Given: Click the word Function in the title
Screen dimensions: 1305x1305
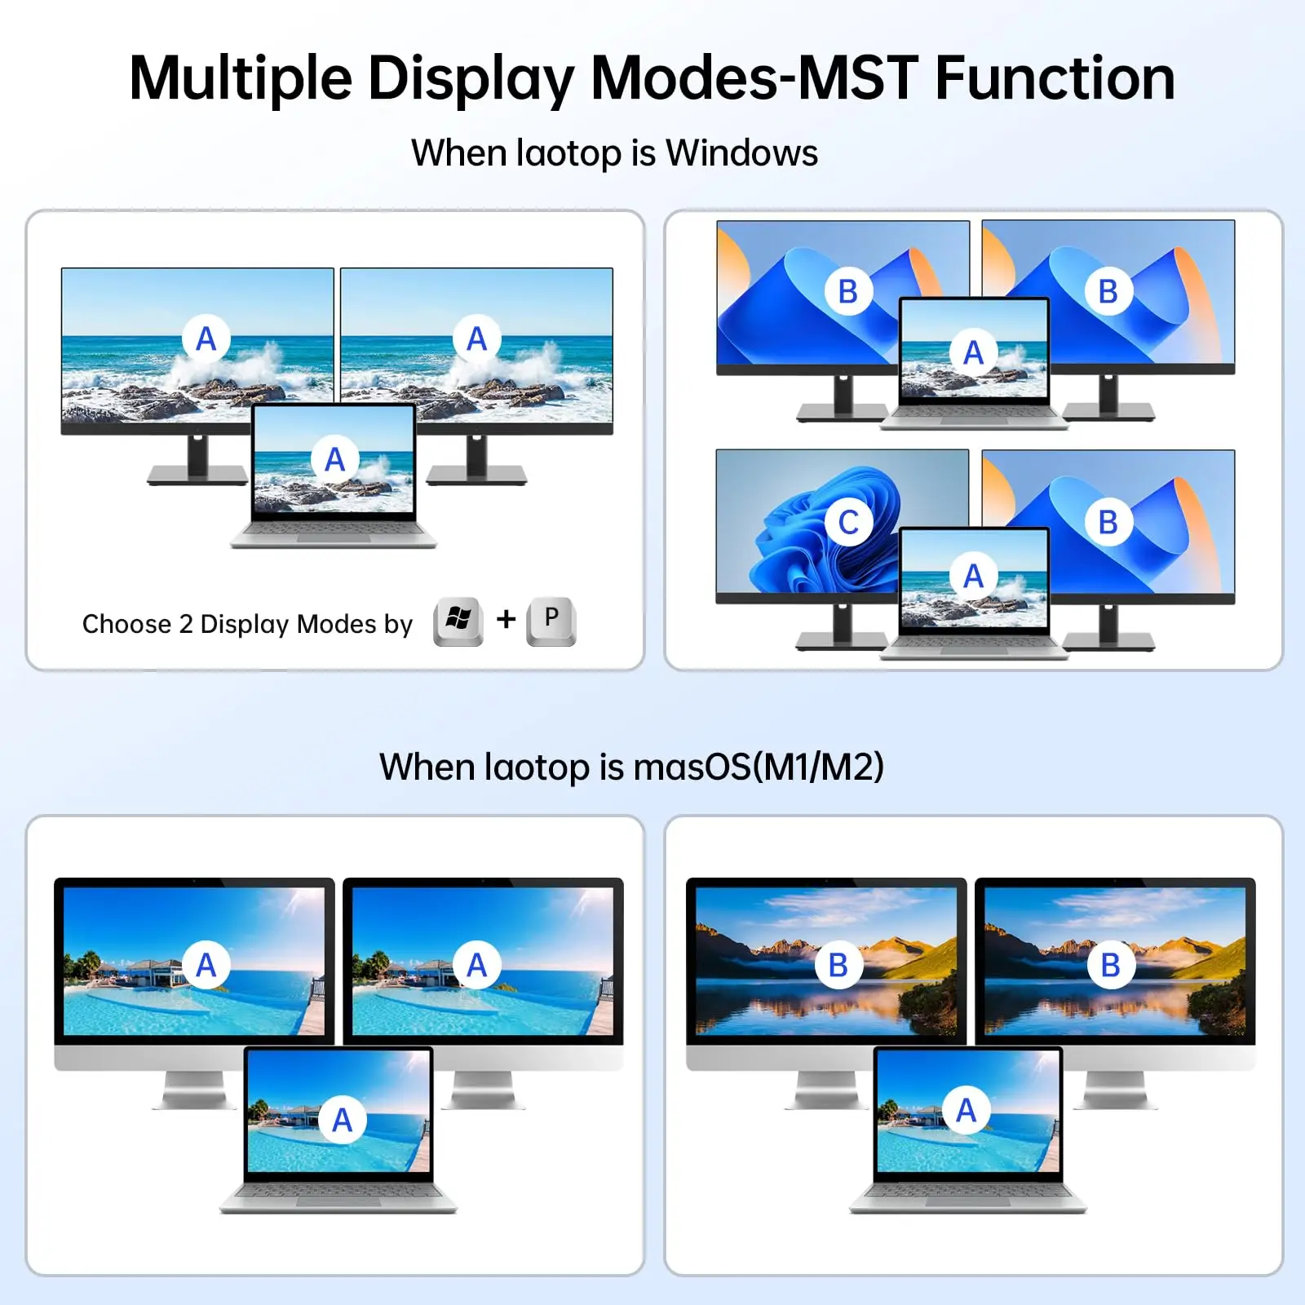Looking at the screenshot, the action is [x=1055, y=78].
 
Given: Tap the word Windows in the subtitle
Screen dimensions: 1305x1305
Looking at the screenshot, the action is [x=741, y=153].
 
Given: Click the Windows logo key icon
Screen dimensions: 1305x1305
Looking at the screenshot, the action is [x=458, y=622].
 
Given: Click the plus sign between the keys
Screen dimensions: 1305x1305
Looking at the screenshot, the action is [x=507, y=619].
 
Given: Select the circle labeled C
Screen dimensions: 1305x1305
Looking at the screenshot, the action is [x=848, y=522].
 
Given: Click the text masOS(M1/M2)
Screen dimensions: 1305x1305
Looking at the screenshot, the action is [x=759, y=767].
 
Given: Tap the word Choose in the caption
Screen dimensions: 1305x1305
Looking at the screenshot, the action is [x=126, y=624].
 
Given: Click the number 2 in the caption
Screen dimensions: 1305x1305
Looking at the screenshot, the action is [x=186, y=624].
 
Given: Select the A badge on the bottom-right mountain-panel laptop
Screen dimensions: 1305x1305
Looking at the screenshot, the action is [x=967, y=1110].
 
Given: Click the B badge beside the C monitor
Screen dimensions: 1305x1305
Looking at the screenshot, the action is [x=1108, y=522].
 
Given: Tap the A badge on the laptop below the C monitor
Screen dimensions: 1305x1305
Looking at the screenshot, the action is [x=973, y=576].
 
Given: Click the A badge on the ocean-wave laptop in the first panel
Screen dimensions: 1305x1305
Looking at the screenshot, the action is [x=335, y=459].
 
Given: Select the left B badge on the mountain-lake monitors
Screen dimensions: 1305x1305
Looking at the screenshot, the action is [x=838, y=965].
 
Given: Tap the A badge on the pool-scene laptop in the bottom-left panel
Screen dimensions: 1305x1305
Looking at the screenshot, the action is [x=343, y=1120].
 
